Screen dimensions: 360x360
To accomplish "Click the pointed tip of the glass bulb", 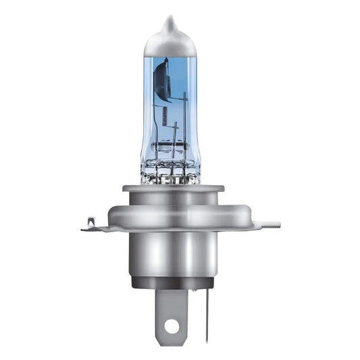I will click(169, 20).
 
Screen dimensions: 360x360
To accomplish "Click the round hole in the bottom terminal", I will click(172, 326).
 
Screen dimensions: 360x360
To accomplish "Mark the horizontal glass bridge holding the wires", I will click(170, 145).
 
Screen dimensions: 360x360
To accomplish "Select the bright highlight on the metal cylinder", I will click(152, 257).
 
